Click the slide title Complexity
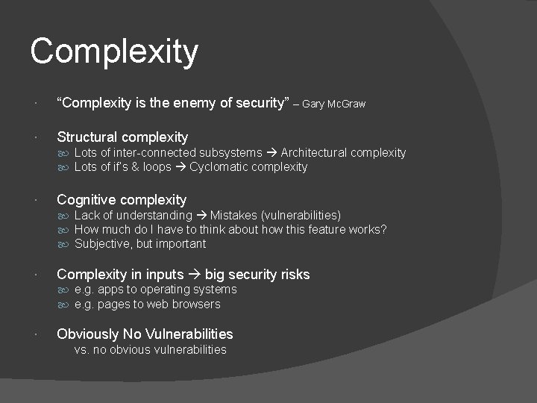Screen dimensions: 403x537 (114, 51)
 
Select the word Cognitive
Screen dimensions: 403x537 (87, 199)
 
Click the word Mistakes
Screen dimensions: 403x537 (236, 216)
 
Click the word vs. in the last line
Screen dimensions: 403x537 (82, 349)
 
